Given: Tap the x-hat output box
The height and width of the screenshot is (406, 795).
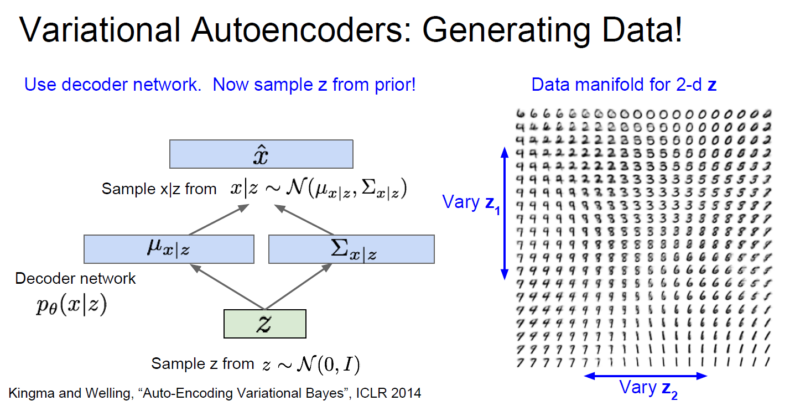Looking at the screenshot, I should tap(261, 154).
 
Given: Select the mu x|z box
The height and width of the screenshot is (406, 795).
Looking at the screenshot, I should tap(169, 249).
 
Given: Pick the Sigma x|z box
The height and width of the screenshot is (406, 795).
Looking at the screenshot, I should tap(351, 249).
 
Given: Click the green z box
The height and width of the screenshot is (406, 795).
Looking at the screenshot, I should tap(264, 324).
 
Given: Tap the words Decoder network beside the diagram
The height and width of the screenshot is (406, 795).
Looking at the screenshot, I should tap(75, 278).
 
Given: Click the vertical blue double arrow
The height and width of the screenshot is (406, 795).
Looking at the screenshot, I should tap(504, 212).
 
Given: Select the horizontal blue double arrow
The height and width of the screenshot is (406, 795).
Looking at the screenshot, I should tap(646, 376).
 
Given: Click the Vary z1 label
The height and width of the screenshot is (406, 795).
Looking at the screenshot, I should tap(470, 202).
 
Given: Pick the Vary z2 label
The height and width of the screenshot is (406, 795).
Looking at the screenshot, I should tap(647, 388).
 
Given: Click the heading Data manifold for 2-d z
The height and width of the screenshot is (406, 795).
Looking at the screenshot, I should tap(624, 85).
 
